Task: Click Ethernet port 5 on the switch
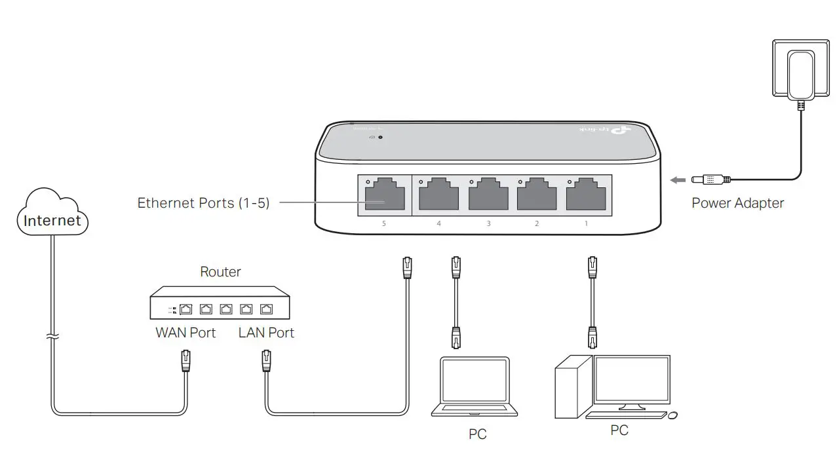pyautogui.click(x=384, y=195)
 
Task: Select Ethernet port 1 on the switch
pyautogui.click(x=585, y=195)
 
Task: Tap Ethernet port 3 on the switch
pyautogui.click(x=488, y=195)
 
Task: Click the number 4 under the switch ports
pyautogui.click(x=438, y=224)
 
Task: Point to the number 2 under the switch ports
pyautogui.click(x=537, y=224)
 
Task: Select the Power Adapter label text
pyautogui.click(x=737, y=203)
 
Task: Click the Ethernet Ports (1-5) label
pyautogui.click(x=203, y=203)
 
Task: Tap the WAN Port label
pyautogui.click(x=185, y=333)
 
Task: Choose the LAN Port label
pyautogui.click(x=266, y=333)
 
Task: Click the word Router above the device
pyautogui.click(x=220, y=272)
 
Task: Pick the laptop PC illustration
pyautogui.click(x=475, y=387)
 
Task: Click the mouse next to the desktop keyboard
pyautogui.click(x=672, y=415)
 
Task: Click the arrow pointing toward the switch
pyautogui.click(x=677, y=178)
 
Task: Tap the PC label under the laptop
pyautogui.click(x=478, y=434)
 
